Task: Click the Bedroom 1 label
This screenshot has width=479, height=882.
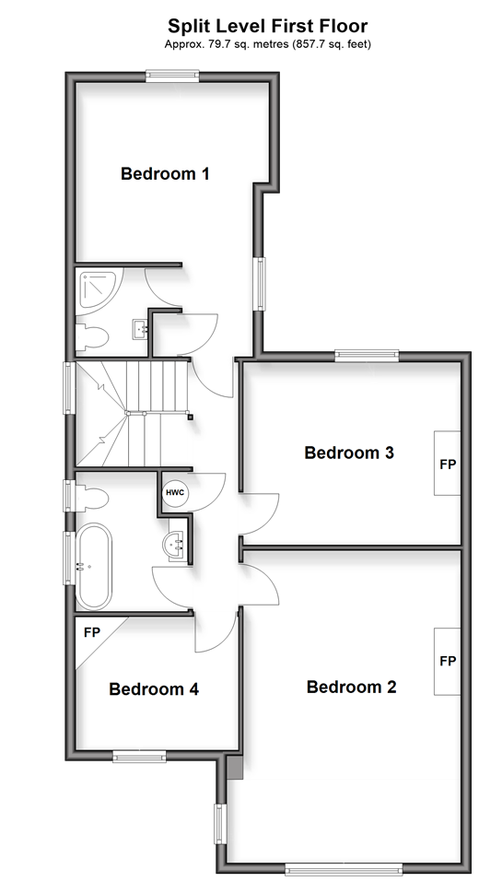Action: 165,173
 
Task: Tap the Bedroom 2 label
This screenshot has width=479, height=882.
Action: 351,687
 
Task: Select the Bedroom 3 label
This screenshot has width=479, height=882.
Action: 349,453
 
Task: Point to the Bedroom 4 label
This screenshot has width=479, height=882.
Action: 154,689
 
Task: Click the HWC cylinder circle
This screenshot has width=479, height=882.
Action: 175,493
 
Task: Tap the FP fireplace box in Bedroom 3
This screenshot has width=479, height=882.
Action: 448,463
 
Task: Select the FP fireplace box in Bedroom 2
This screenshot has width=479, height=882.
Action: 448,661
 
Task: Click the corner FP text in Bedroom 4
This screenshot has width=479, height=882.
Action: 91,632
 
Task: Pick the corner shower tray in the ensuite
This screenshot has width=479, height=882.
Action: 100,288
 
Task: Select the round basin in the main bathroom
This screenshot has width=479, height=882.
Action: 174,545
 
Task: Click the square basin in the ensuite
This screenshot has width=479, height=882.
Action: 140,330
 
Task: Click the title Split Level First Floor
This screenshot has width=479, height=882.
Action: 268,26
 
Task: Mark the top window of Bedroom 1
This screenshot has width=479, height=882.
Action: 172,76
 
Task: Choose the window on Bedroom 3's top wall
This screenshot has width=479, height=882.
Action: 368,355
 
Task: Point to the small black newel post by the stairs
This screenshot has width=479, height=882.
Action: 191,417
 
